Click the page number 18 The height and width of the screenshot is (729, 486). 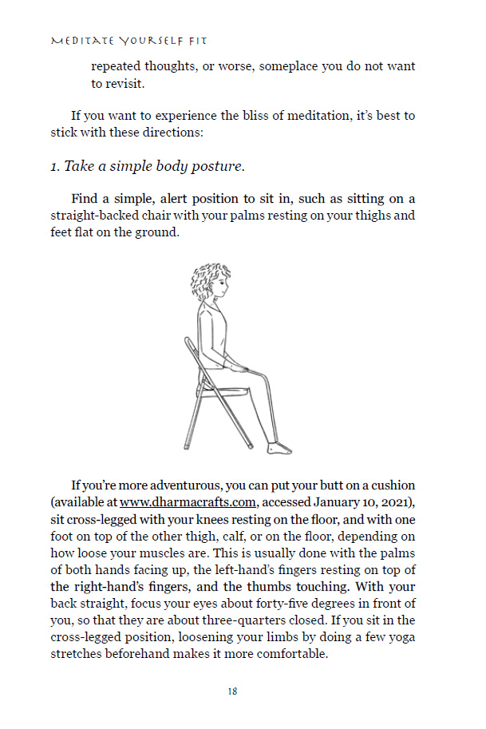click(x=231, y=691)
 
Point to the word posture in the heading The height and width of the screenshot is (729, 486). click(x=215, y=166)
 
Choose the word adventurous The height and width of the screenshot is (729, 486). click(x=180, y=485)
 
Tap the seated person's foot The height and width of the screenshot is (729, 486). click(x=279, y=448)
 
